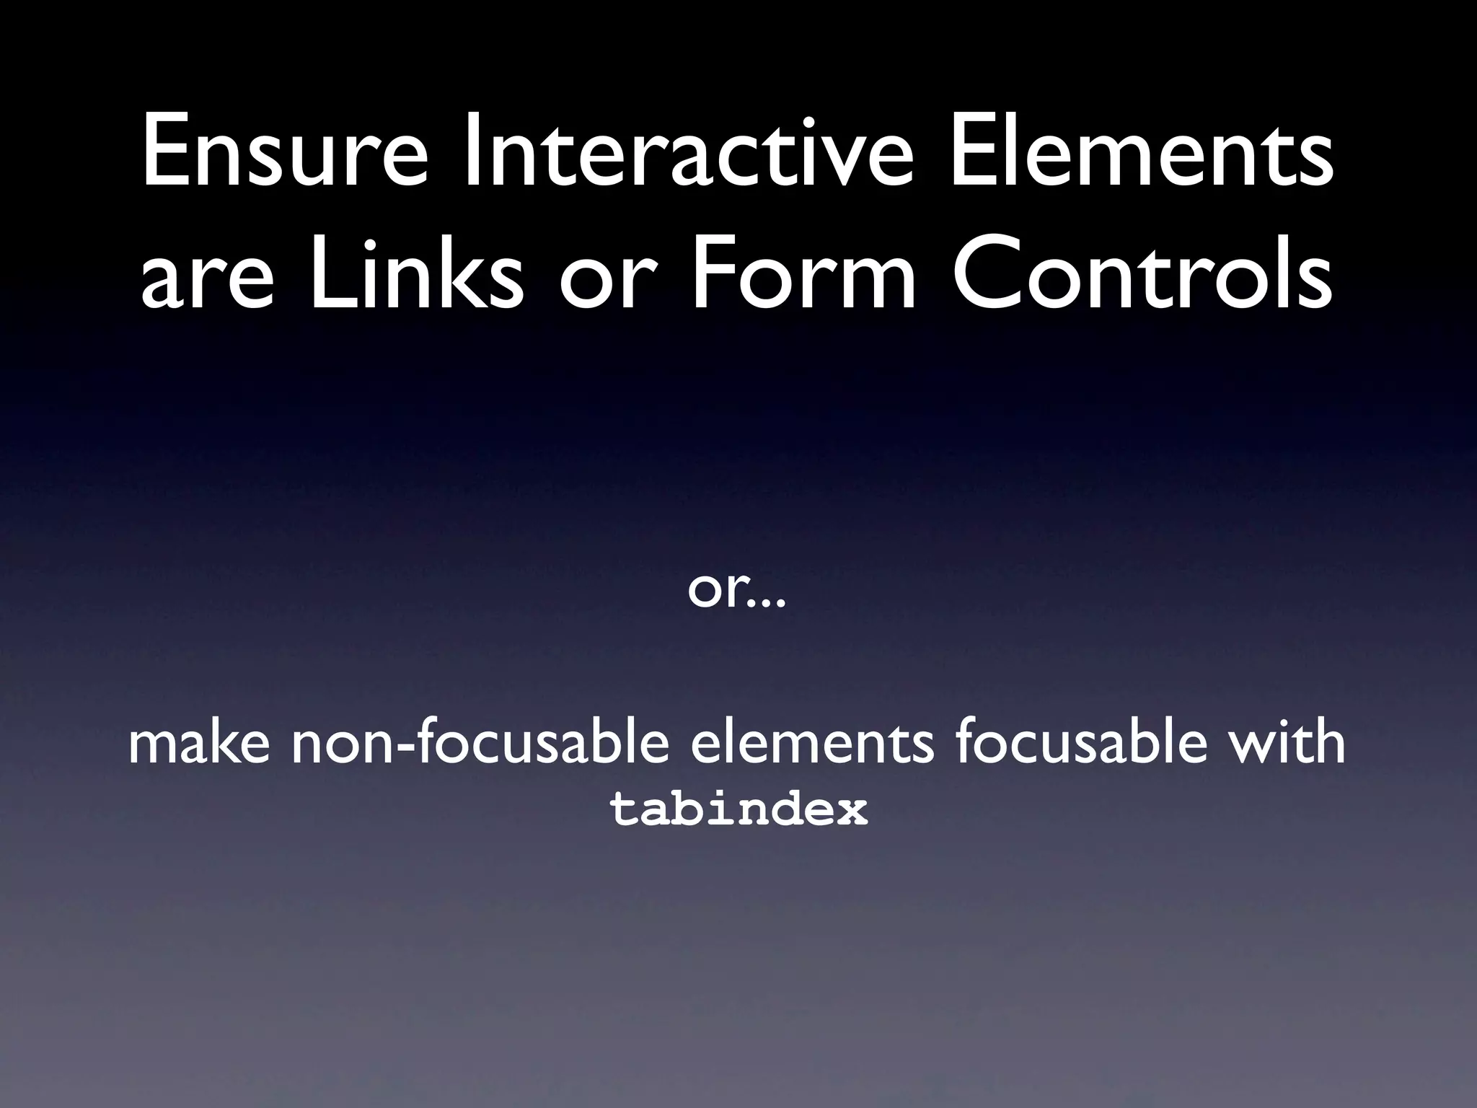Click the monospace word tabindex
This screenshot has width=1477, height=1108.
(x=738, y=809)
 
